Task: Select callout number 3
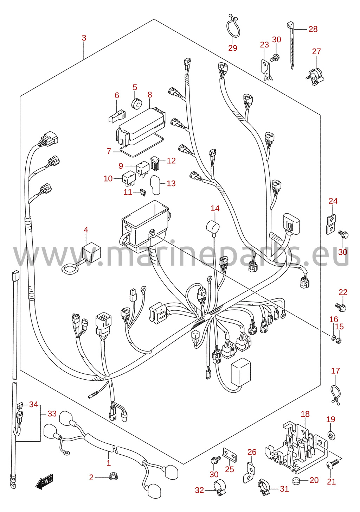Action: pos(84,38)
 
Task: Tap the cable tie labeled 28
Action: pos(291,45)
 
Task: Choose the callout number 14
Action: pos(215,208)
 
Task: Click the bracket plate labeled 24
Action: pos(331,224)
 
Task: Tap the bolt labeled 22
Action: pos(341,307)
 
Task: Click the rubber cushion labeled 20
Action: pos(296,480)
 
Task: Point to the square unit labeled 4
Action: pos(91,252)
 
